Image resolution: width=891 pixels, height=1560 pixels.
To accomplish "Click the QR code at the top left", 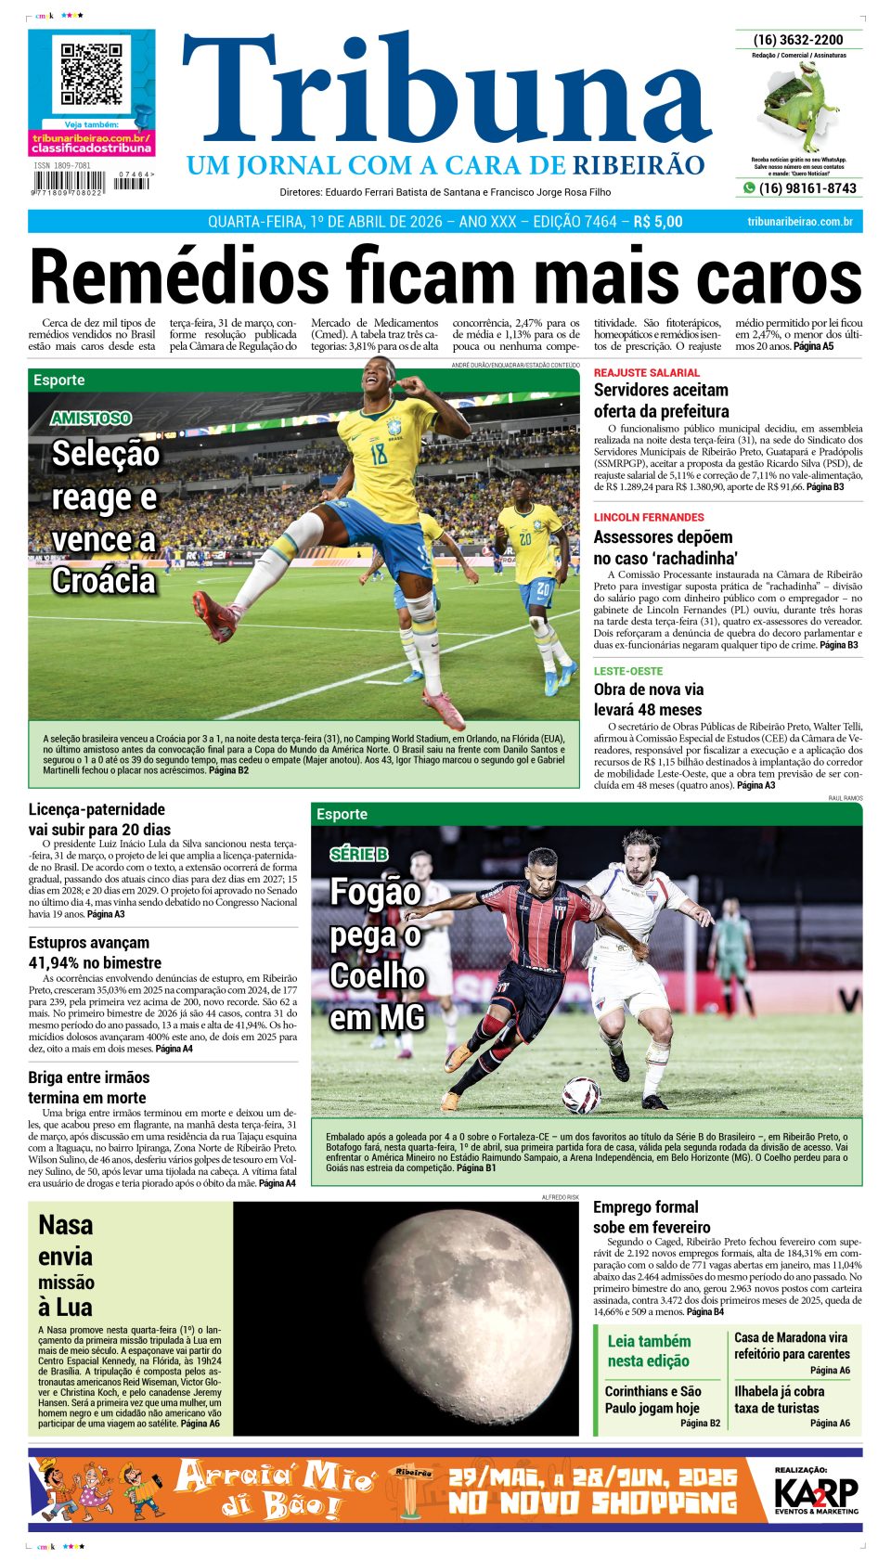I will coord(92,74).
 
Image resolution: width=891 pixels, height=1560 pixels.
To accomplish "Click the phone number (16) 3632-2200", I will coord(798,40).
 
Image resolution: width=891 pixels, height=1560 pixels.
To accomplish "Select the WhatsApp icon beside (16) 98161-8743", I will coord(749,188).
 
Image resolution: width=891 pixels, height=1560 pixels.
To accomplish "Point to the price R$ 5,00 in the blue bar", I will coord(657,222).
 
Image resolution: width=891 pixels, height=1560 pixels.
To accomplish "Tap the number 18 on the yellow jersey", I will coord(379,454).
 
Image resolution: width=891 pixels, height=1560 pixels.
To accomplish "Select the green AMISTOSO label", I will coord(91,419).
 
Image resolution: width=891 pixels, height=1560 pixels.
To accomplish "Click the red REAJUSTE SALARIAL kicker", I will coord(646,373).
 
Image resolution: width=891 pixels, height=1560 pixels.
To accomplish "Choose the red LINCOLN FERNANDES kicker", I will coord(649,517).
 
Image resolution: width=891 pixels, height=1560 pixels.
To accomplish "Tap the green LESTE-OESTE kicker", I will coord(628,671).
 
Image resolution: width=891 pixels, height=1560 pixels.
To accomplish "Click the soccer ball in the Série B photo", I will coord(582,1095).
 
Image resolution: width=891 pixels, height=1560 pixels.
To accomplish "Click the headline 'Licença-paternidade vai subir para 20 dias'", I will coord(99,819).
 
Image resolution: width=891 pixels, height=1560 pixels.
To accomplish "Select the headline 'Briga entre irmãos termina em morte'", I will coord(88,1088).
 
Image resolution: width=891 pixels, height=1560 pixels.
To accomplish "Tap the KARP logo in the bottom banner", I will coord(816,1493).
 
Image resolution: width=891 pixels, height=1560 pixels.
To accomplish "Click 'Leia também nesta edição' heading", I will coord(649,1351).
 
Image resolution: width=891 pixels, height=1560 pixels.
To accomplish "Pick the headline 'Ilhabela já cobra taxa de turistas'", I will coord(779,1399).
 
